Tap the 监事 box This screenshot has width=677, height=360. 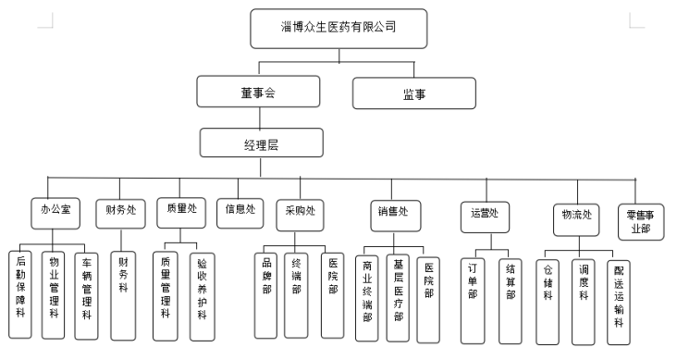413,93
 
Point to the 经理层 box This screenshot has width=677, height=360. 262,143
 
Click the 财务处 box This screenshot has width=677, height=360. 120,210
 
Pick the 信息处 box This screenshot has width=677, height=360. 240,210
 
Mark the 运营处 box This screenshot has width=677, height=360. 485,215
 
